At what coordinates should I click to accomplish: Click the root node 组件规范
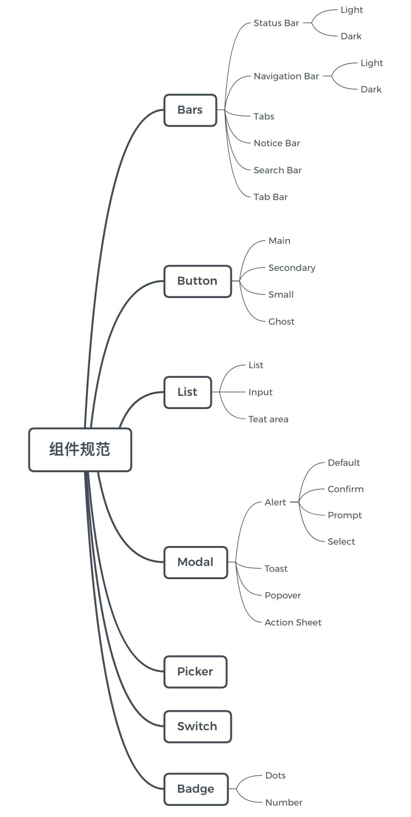(x=80, y=449)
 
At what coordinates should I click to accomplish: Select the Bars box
(x=190, y=110)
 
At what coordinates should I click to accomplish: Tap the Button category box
(x=198, y=281)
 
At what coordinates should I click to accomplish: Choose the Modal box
(x=196, y=562)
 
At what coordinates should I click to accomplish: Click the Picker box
(x=195, y=672)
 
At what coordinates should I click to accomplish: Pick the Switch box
(x=198, y=726)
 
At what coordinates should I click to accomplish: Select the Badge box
(x=196, y=789)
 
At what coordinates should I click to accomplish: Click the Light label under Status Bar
(x=352, y=10)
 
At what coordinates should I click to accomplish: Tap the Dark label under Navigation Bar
(x=371, y=89)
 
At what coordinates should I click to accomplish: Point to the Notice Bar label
(x=277, y=143)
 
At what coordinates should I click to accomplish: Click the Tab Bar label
(x=271, y=197)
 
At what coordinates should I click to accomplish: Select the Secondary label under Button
(x=292, y=268)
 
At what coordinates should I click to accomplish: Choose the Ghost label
(x=281, y=322)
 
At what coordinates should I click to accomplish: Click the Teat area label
(x=268, y=419)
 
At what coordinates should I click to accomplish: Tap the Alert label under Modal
(x=275, y=502)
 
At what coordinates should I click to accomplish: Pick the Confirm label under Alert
(x=346, y=489)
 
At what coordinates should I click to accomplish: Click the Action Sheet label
(x=293, y=623)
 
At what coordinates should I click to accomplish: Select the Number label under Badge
(x=284, y=803)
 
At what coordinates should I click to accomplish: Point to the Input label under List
(x=260, y=392)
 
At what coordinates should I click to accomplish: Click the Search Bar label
(x=277, y=170)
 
